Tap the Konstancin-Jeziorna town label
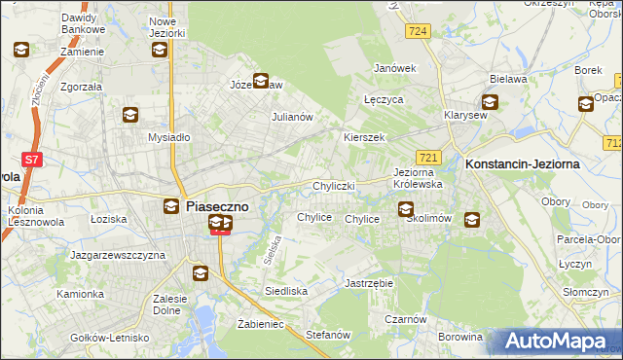(523, 164)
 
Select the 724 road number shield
(419, 32)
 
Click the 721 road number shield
(428, 157)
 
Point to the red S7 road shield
(32, 160)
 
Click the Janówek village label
(395, 68)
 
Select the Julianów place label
(291, 118)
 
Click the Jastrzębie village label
(368, 283)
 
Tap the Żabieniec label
(260, 324)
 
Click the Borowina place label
(459, 338)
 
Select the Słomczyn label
(585, 292)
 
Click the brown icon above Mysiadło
(129, 116)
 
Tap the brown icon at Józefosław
(261, 82)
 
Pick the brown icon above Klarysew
(490, 102)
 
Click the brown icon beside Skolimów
(472, 220)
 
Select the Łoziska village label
(108, 219)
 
